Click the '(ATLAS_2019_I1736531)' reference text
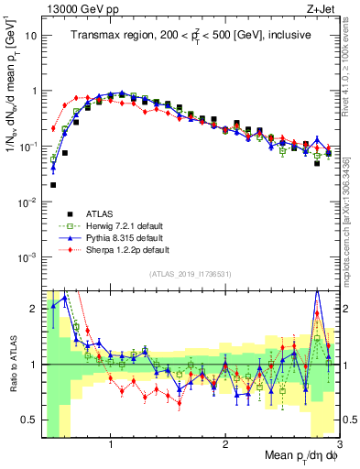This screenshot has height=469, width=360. click(191, 274)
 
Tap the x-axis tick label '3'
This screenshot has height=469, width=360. click(338, 444)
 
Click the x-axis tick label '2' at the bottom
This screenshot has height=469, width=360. click(225, 444)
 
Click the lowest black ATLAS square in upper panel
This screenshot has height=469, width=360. click(53, 184)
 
